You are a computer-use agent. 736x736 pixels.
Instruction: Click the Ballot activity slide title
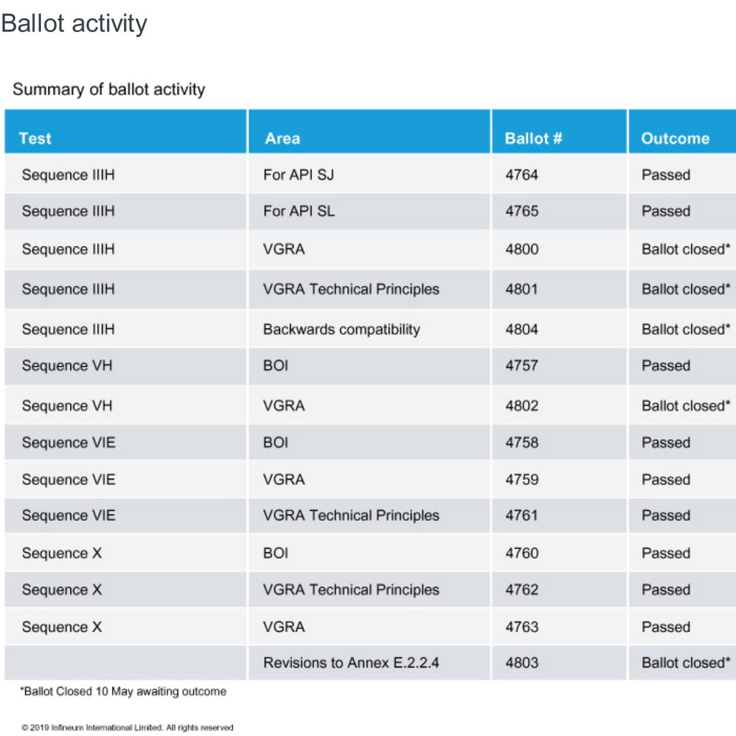click(74, 24)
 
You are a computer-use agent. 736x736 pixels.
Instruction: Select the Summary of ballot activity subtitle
click(109, 89)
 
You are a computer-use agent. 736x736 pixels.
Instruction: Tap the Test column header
click(35, 138)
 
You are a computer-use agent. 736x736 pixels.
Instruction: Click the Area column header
click(282, 138)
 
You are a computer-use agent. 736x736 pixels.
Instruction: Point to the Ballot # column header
click(533, 138)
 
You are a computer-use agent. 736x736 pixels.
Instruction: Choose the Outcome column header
click(676, 138)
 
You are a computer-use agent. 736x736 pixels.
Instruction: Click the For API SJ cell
click(299, 175)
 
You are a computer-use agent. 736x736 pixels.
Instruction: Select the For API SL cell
click(299, 211)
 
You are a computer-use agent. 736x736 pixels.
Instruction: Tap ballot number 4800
click(522, 248)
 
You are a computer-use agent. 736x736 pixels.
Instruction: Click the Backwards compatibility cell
click(342, 330)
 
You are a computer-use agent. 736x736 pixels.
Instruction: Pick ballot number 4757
click(521, 365)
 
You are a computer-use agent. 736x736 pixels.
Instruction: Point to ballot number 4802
click(522, 406)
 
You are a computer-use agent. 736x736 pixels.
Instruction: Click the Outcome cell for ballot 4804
click(686, 329)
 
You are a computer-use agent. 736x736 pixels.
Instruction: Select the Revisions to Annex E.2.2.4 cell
click(351, 662)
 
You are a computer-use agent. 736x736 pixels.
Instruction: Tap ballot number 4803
click(522, 662)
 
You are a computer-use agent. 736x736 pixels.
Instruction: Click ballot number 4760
click(522, 553)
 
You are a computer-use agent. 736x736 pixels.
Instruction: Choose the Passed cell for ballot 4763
click(666, 627)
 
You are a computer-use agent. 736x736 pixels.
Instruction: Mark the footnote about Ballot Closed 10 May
click(123, 691)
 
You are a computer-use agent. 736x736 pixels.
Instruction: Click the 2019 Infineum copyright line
click(127, 728)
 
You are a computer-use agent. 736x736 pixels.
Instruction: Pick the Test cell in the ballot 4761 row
click(69, 515)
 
